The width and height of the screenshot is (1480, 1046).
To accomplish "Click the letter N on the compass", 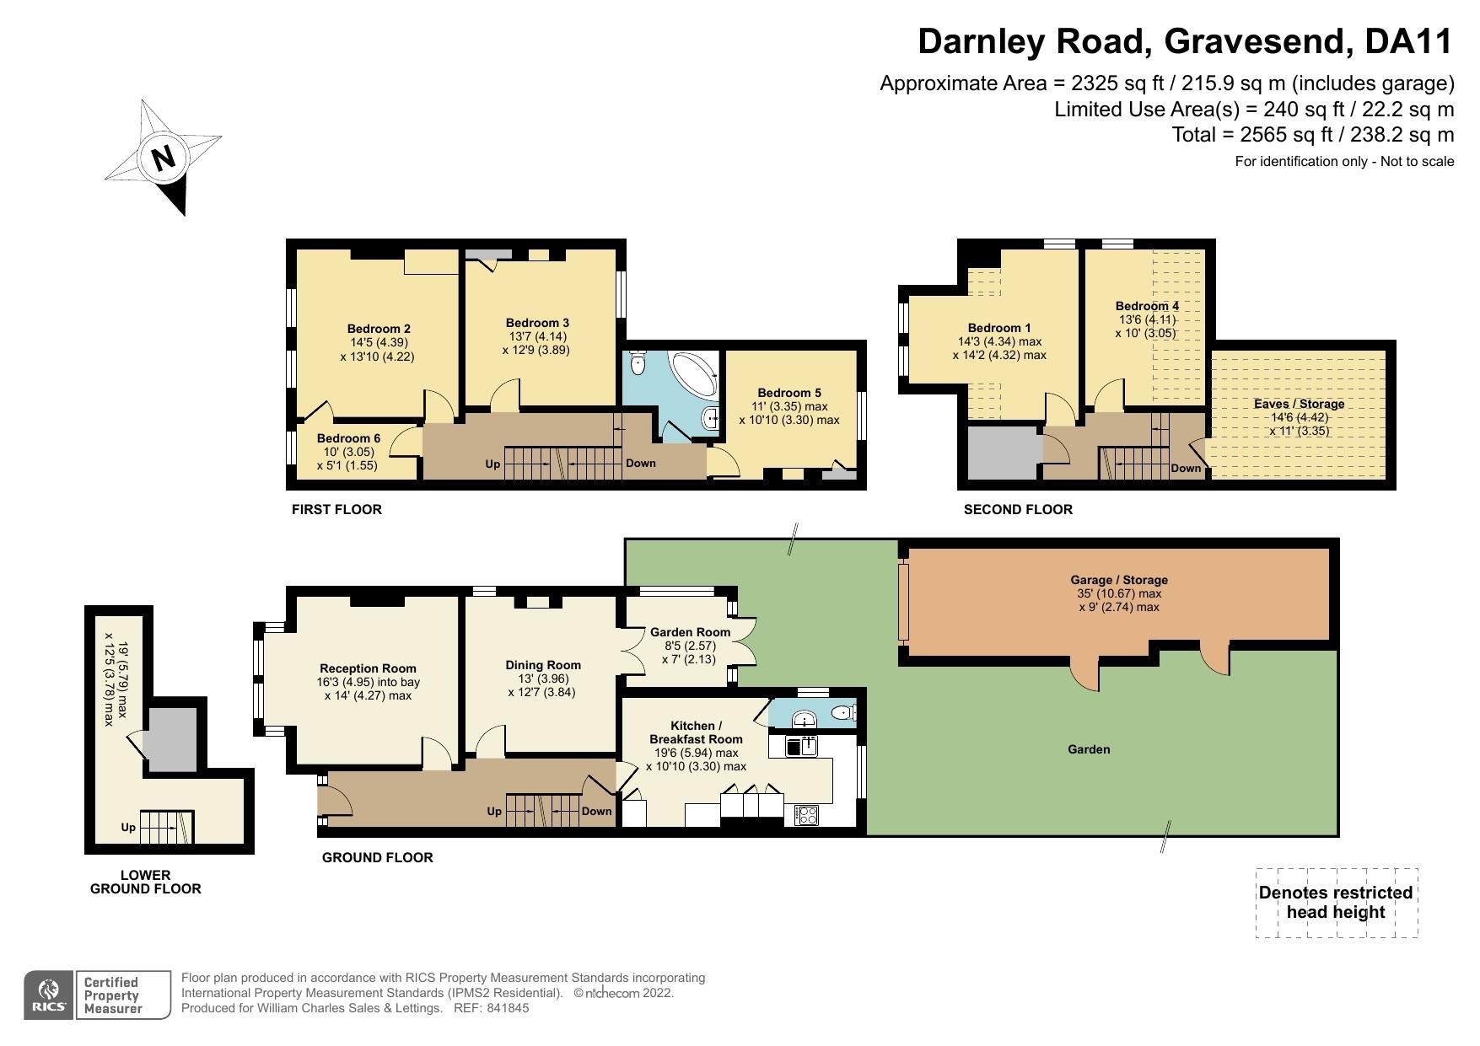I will (164, 158).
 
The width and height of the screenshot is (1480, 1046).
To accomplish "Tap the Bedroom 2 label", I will (379, 329).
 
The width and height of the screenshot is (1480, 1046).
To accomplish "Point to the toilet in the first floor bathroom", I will (638, 363).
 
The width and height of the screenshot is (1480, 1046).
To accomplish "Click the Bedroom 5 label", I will (788, 393).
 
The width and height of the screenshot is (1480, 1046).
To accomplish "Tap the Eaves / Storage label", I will (1299, 404).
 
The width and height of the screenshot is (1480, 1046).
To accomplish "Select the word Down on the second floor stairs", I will (1186, 469).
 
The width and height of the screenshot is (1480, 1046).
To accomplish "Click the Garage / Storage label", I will (1118, 580).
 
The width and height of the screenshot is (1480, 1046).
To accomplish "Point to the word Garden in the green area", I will (1089, 749).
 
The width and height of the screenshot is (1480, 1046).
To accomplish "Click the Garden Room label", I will (690, 632).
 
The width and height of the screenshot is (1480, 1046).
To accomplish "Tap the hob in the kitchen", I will (806, 815).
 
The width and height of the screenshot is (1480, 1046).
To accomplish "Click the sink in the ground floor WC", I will (805, 719).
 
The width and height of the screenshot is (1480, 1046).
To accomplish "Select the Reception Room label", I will (368, 668).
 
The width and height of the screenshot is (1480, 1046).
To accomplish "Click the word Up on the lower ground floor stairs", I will (128, 828).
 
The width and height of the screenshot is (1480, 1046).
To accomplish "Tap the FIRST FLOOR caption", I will (336, 510).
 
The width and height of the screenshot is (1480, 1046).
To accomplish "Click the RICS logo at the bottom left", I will (49, 995).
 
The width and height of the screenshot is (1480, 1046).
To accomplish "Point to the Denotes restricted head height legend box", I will (1336, 903).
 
